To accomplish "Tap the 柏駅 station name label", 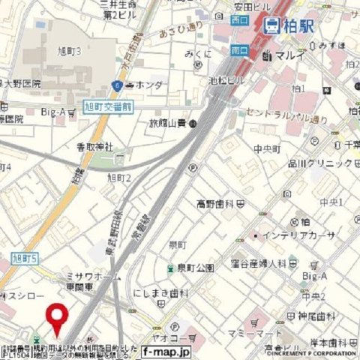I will (295, 25).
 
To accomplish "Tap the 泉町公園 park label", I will (195, 267).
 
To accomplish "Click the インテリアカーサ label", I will (291, 235).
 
